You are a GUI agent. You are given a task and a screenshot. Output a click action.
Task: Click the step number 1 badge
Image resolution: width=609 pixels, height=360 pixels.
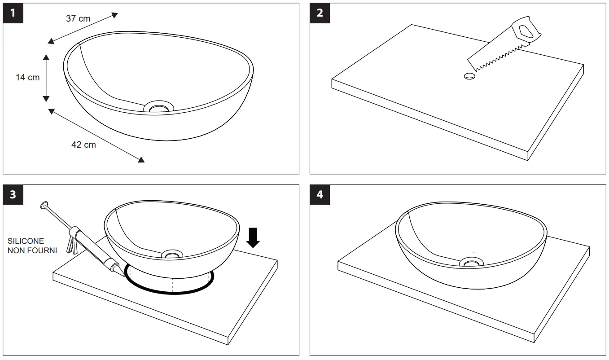pos(13,13)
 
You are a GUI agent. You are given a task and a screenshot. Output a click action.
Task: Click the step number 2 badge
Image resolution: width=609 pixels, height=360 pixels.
pos(320,13)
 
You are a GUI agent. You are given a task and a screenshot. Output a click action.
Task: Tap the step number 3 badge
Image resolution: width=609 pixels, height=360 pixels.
pos(13,194)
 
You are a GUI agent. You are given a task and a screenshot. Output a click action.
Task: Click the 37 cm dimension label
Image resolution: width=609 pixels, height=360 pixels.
pos(78,18)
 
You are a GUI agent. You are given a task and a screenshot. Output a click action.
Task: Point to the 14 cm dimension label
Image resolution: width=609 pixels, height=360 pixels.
pos(27,77)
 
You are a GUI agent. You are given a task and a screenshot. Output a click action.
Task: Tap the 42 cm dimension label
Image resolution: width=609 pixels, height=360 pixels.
pos(83,145)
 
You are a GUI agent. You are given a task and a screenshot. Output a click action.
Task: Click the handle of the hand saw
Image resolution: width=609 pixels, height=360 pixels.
pos(526,31)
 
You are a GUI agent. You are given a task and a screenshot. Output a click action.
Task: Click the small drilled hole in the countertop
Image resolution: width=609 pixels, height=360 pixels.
pos(469,76)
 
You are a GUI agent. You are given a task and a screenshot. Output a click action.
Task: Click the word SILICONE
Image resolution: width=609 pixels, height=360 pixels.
pos(26,241)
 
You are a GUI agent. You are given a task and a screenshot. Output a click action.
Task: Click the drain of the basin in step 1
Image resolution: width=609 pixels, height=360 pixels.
pos(158,107)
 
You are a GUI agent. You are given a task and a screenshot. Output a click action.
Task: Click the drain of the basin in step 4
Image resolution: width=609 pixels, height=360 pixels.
pos(472,262)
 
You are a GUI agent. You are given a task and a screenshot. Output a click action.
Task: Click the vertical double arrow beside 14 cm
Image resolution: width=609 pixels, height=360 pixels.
pos(46,77)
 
